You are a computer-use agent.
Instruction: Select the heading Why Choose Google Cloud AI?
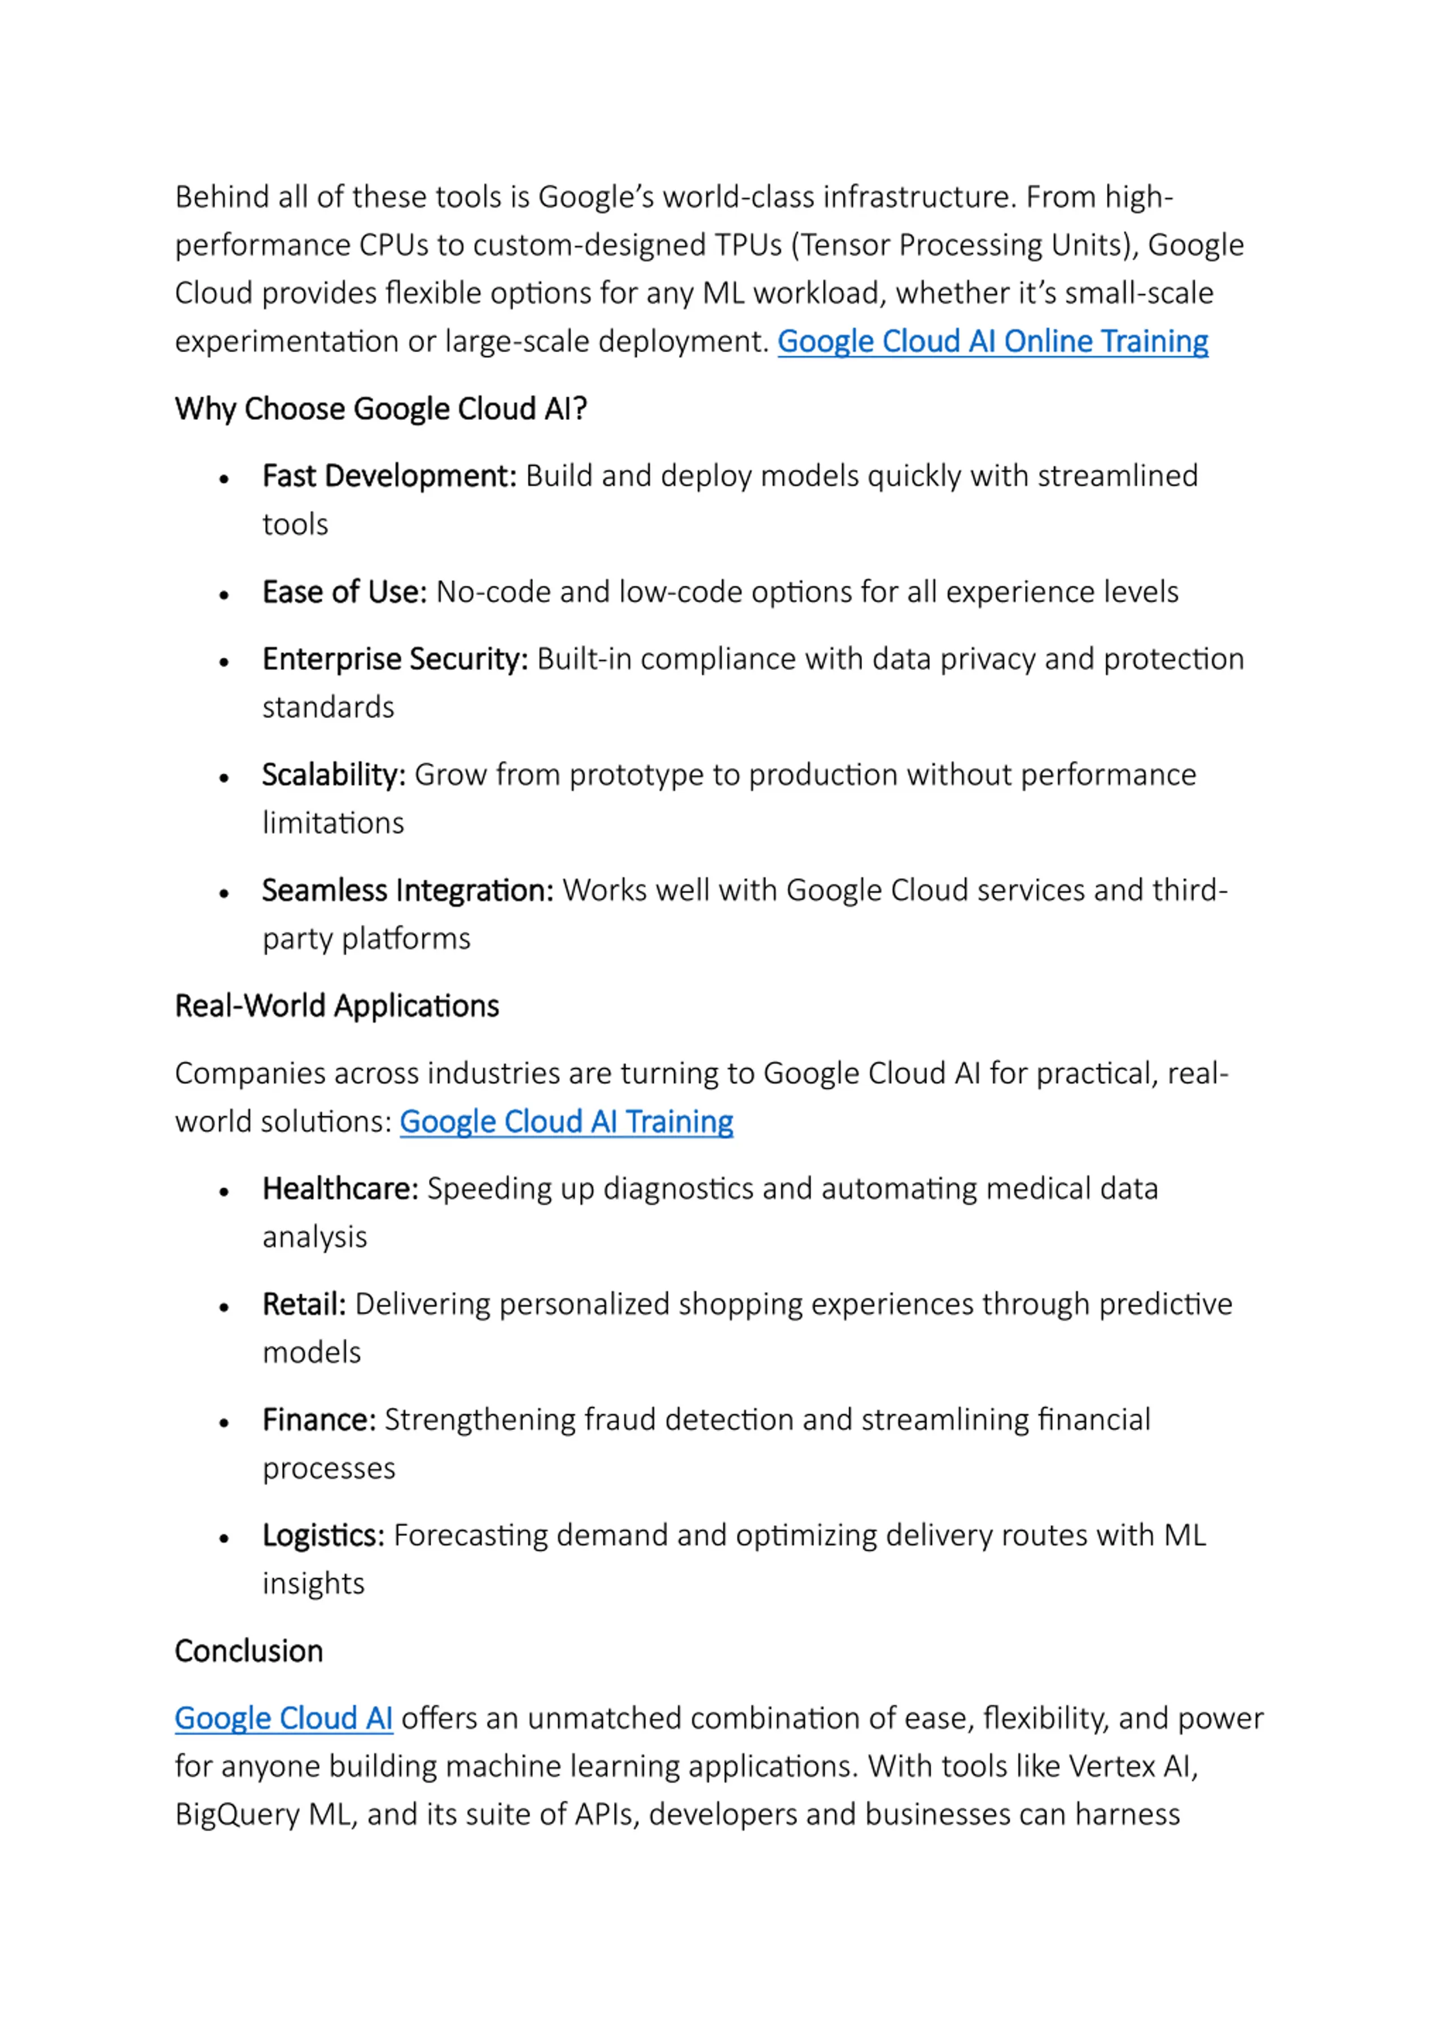[x=380, y=409]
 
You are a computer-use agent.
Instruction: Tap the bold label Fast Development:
[x=389, y=476]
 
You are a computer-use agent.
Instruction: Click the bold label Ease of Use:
[x=344, y=592]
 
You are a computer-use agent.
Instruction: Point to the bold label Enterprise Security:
[x=395, y=660]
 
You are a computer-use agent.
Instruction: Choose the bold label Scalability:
[x=334, y=776]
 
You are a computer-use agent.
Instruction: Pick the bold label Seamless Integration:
[x=408, y=891]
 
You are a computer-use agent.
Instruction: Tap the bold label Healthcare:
[x=340, y=1189]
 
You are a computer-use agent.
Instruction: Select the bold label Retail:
[x=304, y=1305]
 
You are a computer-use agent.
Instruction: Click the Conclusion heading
[x=248, y=1652]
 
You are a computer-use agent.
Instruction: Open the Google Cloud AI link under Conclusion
[x=283, y=1718]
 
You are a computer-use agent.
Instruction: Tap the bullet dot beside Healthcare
[x=224, y=1192]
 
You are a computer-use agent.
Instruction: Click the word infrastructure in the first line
[x=919, y=197]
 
